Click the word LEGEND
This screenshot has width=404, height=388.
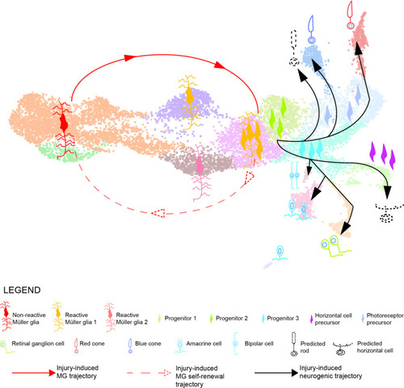click(22, 290)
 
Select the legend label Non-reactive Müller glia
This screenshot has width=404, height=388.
click(29, 319)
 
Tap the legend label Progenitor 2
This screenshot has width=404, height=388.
click(232, 319)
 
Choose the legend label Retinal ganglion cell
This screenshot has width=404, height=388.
click(38, 344)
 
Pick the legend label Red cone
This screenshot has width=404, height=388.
click(92, 344)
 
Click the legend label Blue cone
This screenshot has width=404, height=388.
click(148, 344)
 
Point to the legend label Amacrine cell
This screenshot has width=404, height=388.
click(204, 344)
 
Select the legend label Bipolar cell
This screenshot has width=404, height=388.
click(259, 344)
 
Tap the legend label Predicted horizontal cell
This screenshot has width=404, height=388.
click(375, 347)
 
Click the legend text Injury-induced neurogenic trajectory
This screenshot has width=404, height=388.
click(330, 372)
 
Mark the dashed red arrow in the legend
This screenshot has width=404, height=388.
click(149, 373)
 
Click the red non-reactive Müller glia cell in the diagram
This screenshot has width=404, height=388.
click(64, 130)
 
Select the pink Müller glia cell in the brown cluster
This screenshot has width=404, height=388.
click(200, 172)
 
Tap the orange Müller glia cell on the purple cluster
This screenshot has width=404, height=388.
click(190, 102)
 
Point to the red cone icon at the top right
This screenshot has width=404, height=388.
click(350, 15)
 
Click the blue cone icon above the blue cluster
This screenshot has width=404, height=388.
click(311, 30)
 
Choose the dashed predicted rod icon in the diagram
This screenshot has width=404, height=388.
click(294, 48)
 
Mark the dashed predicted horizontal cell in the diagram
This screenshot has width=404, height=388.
click(388, 213)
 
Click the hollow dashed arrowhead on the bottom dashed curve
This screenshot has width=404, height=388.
click(158, 213)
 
